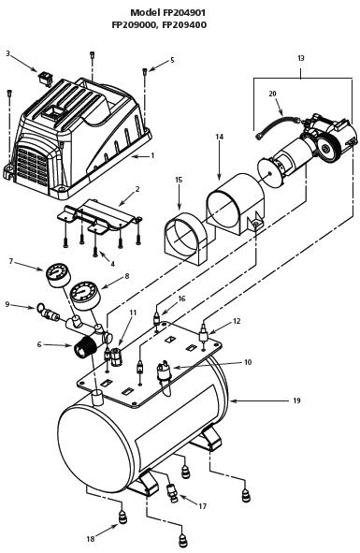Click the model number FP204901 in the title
coord(183,13)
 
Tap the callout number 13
coord(300,58)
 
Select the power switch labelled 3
coord(45,79)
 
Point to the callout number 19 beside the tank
coord(296,400)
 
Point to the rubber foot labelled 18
coord(122,517)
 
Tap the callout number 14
coord(220,137)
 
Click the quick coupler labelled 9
coord(48,313)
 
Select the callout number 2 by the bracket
coord(137,189)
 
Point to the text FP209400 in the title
coord(184,25)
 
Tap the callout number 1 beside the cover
coord(152,155)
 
